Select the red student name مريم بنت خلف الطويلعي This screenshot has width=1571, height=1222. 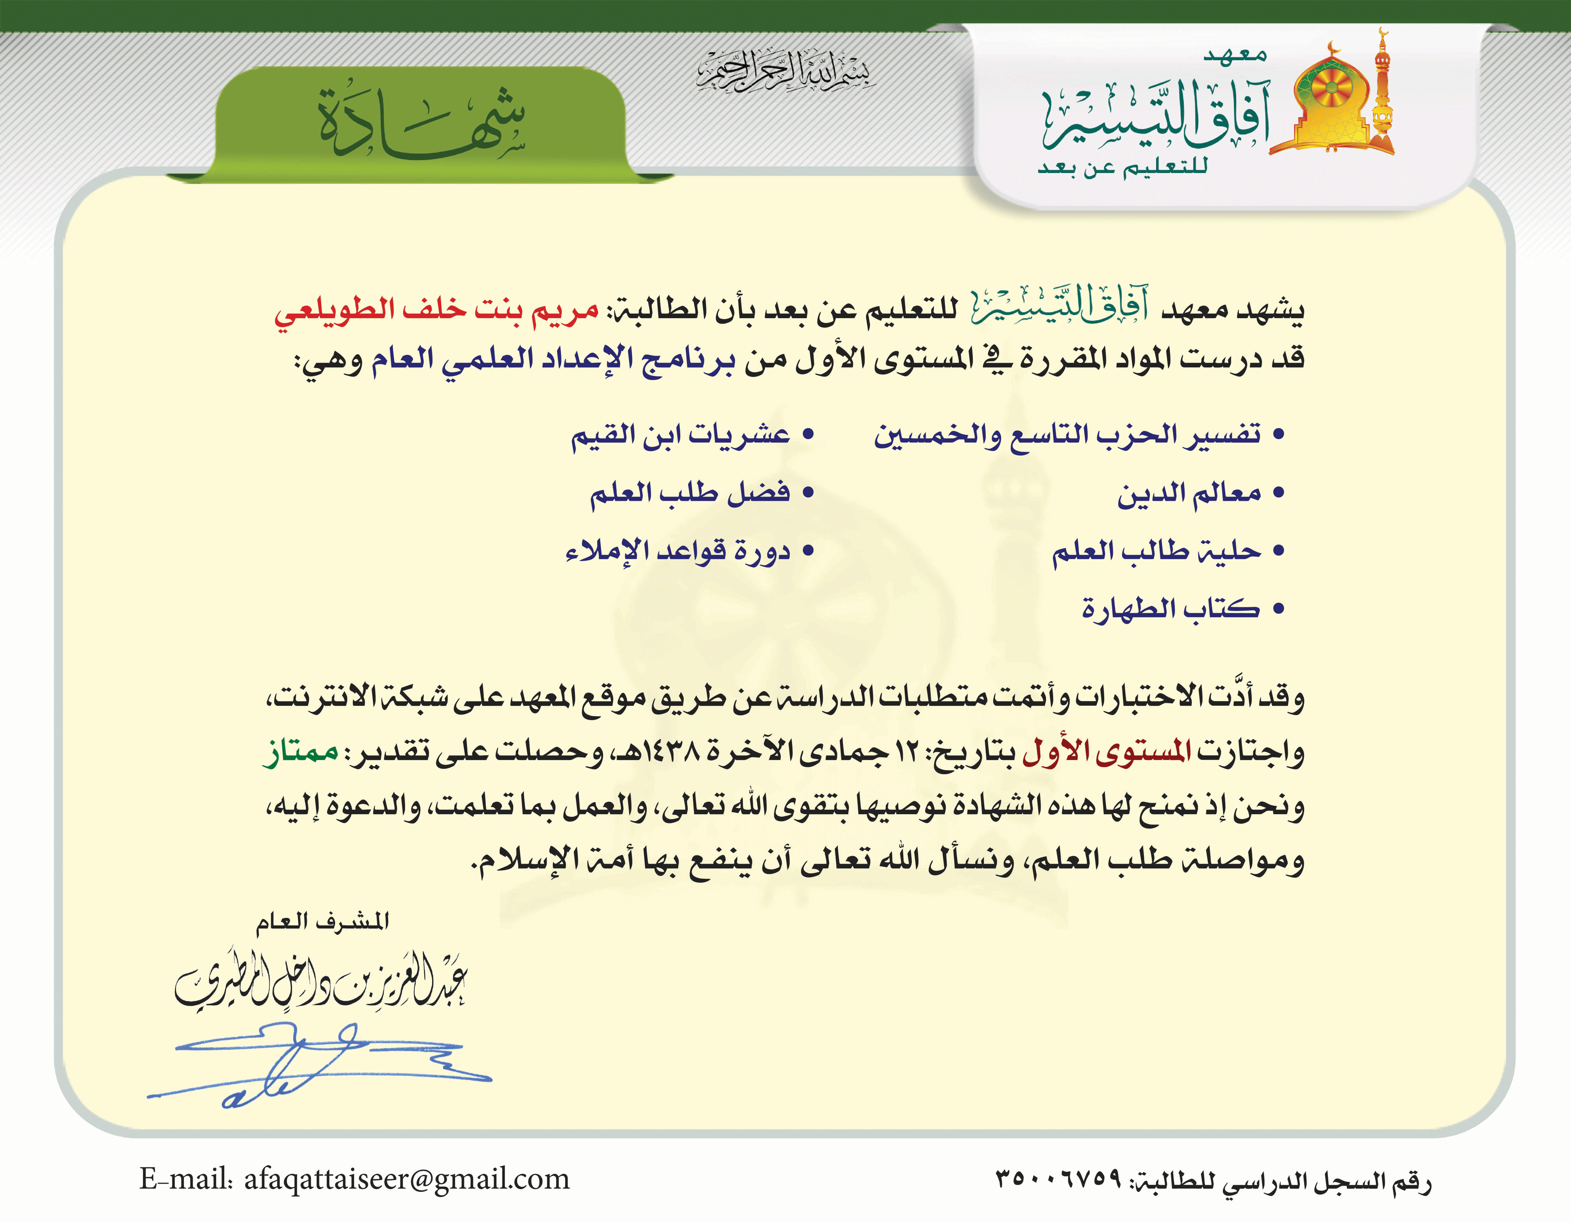point(436,311)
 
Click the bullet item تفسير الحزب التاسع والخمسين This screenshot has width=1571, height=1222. point(1068,435)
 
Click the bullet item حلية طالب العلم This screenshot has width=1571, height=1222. point(1157,552)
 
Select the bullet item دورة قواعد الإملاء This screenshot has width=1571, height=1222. point(678,552)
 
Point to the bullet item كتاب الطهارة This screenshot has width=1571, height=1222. point(1171,609)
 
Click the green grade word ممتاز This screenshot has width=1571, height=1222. point(300,752)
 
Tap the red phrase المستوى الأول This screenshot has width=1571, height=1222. point(1106,752)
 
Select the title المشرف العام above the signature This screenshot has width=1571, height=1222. point(323,922)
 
